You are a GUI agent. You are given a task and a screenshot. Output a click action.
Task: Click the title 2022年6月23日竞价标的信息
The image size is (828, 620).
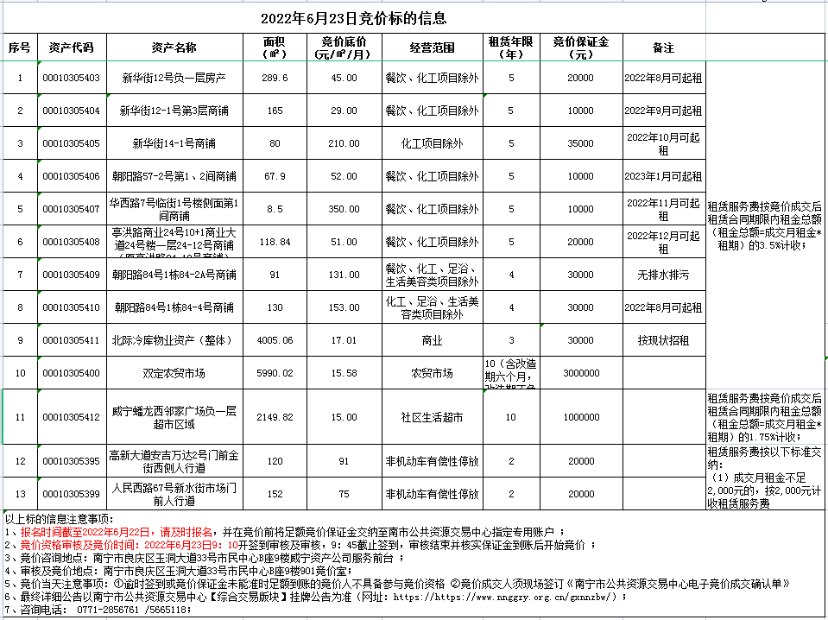(x=353, y=18)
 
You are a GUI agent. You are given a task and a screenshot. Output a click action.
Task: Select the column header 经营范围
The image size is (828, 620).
(x=432, y=47)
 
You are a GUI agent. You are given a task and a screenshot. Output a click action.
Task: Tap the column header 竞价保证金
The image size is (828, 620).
(x=581, y=47)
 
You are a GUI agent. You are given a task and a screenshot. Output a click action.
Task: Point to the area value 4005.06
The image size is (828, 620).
(x=275, y=340)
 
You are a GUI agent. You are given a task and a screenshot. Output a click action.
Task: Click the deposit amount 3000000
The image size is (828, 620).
(x=581, y=373)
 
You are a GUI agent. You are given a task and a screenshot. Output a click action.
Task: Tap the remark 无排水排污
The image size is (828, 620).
(x=663, y=275)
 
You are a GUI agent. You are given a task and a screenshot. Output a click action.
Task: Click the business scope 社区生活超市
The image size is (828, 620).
(x=432, y=417)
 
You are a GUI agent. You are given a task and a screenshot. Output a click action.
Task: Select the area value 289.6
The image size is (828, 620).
(x=275, y=78)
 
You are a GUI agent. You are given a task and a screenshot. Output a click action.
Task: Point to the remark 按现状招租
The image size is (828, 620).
(x=663, y=340)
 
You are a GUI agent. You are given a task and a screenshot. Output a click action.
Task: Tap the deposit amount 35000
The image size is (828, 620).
(x=581, y=143)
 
